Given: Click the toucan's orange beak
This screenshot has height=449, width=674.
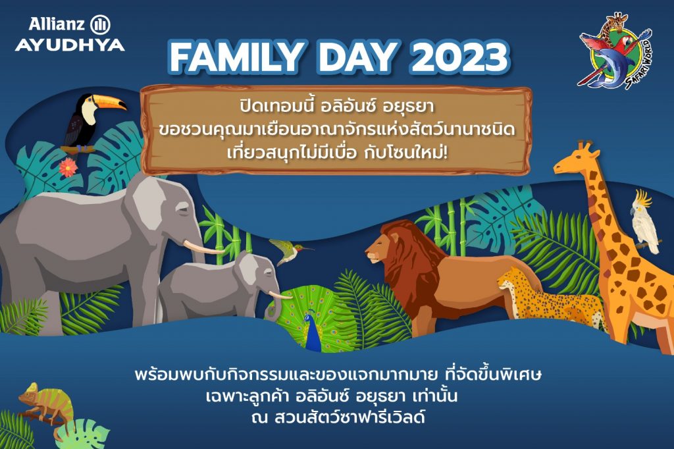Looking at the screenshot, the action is click(110, 101).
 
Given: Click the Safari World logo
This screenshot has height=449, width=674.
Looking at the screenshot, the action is click(615, 51).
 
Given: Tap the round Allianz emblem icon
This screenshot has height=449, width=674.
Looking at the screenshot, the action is click(100, 25).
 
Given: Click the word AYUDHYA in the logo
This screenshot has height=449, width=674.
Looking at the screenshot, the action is click(70, 45).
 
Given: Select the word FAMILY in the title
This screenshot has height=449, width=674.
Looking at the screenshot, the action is click(235, 57).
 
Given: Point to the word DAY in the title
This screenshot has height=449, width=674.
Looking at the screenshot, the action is click(357, 57).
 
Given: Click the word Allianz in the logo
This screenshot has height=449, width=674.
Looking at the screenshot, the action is click(57, 24).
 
